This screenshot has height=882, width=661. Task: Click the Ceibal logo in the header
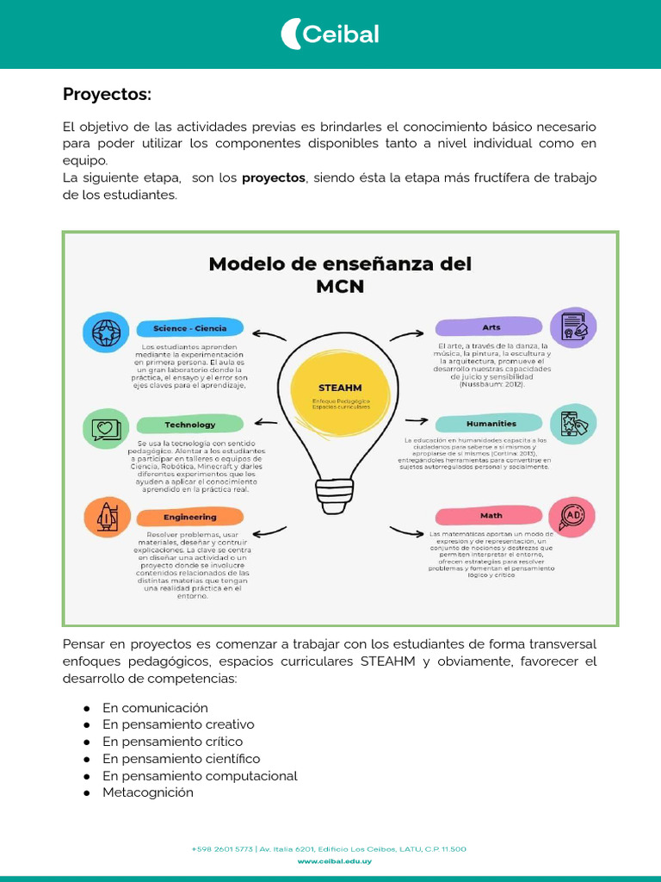pos(330,34)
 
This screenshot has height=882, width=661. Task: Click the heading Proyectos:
pos(107,94)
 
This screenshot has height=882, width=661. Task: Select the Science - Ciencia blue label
pos(189,328)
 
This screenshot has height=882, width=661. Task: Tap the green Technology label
pos(189,425)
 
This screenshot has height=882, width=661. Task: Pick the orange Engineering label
pos(189,517)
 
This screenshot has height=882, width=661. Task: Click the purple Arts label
pos(491,327)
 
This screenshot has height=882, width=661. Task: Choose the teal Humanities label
pos(491,423)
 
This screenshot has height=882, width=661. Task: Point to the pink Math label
pos(491,515)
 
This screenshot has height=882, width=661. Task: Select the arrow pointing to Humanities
pos(417,420)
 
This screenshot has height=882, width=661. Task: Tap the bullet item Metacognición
pos(148,792)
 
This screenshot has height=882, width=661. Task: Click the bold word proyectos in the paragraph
pos(274,177)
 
